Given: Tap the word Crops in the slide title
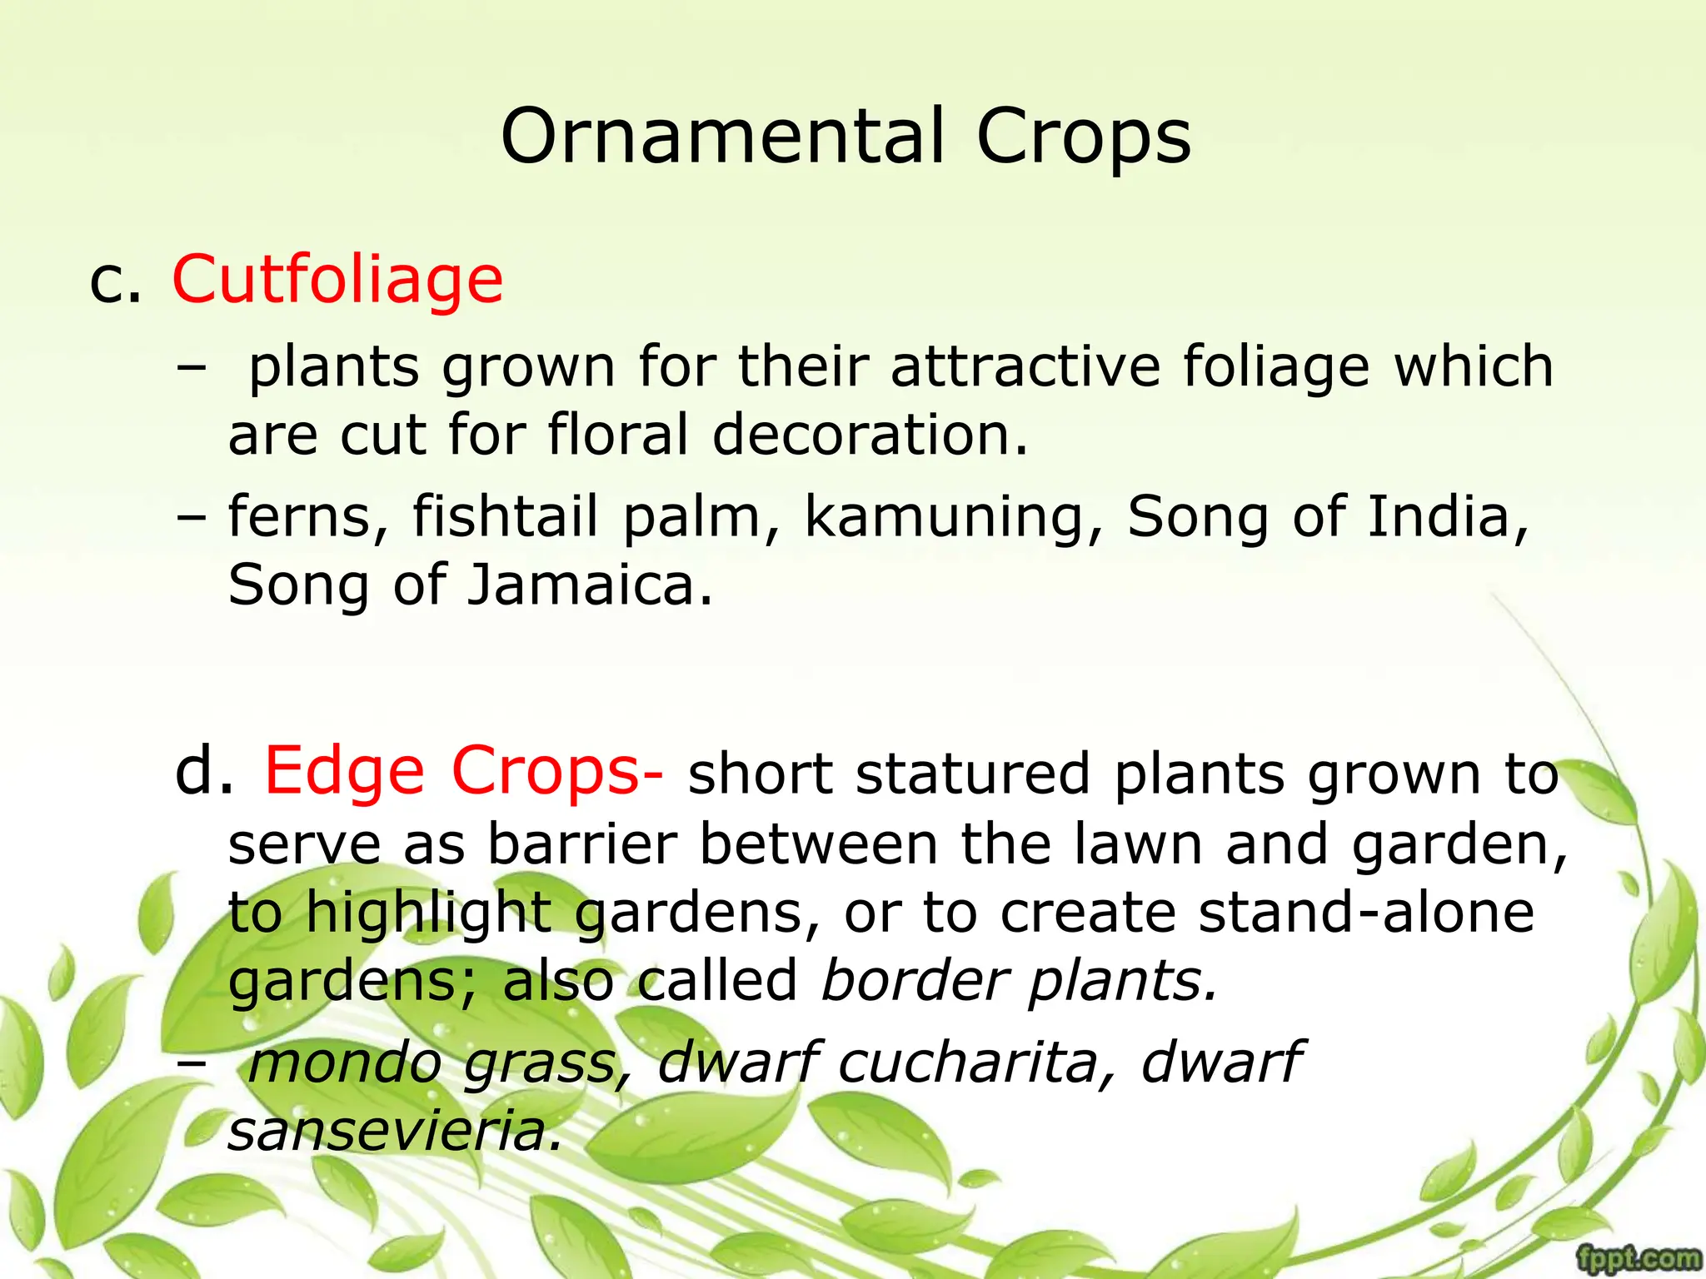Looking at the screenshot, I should point(1083,137).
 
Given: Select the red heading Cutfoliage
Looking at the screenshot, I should point(337,279).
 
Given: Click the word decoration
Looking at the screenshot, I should point(870,435).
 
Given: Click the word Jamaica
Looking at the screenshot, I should point(590,585).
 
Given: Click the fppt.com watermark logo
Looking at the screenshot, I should point(1639,1257).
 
